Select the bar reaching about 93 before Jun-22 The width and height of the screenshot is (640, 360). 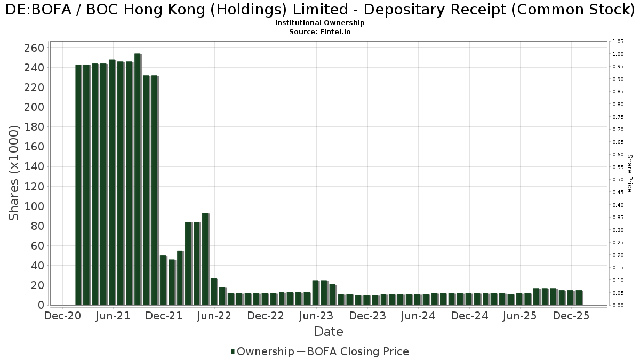point(205,259)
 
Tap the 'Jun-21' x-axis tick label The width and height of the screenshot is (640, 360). point(113,316)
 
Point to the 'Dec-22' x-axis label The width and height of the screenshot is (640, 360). point(266,316)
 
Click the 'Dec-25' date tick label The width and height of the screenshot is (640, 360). point(571,316)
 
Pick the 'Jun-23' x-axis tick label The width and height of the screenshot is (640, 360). point(316,316)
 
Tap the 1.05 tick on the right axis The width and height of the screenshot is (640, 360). point(618,42)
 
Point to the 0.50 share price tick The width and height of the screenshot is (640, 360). point(618,180)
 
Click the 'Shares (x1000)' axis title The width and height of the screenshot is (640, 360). point(14,173)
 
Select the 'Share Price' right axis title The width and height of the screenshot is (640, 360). point(630,173)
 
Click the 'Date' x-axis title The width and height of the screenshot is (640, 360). point(329,332)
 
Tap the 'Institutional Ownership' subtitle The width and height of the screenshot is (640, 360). point(320,23)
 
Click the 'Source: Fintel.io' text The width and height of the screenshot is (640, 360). point(320,32)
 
